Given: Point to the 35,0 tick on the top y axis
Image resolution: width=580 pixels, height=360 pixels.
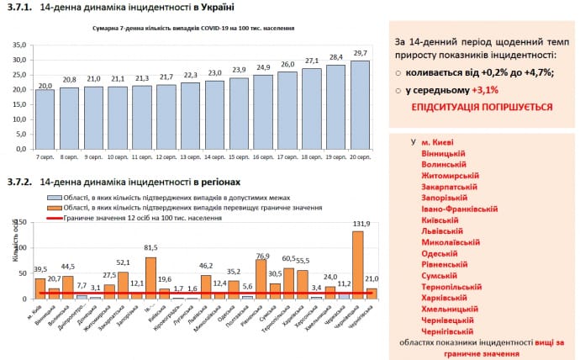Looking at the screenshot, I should coord(18,45).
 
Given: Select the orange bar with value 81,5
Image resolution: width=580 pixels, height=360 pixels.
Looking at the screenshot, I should coord(150,278).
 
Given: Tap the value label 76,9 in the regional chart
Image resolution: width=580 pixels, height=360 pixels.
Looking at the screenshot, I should coord(261,256).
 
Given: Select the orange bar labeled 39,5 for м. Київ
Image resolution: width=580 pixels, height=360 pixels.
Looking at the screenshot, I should coord(40,288).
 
